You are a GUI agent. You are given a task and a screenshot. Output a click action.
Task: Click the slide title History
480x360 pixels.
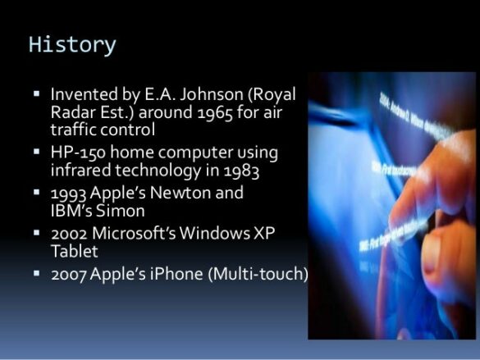point(72,44)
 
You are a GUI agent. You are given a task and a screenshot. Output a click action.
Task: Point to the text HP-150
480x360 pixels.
point(75,153)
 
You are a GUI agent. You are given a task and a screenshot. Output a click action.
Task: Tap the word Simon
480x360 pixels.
point(109,211)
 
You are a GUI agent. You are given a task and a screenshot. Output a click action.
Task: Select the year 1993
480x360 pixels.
point(70,194)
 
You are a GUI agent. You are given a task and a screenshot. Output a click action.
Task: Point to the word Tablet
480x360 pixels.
point(74,251)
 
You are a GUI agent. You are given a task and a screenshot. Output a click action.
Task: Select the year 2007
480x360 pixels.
point(71,274)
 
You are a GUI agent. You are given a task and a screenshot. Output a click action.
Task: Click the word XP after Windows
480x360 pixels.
point(263,234)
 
